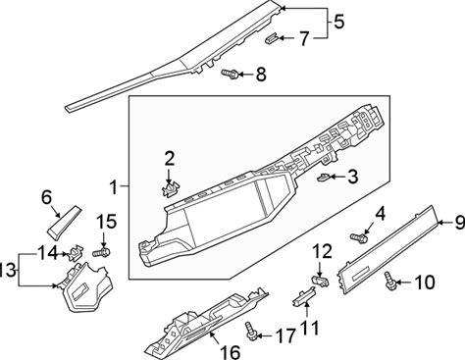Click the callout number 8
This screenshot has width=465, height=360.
261,75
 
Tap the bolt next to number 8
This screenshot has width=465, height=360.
230,74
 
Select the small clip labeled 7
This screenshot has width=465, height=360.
271,38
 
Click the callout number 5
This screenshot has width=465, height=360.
338,22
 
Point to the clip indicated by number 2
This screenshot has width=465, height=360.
171,189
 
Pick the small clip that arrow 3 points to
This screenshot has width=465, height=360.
324,178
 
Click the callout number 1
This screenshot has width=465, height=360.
114,187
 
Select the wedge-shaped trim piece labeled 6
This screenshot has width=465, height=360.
64,222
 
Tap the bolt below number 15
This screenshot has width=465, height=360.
101,253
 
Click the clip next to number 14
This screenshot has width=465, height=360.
76,253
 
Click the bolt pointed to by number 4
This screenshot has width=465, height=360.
359,237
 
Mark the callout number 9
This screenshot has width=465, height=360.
459,223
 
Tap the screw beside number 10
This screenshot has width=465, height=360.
390,281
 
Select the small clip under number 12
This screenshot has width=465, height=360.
321,282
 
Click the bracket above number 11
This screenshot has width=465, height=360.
303,296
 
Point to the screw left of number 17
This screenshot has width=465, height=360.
251,332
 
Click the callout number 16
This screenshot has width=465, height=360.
231,352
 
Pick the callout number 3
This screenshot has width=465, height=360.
353,178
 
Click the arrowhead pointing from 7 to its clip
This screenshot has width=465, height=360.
281,38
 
